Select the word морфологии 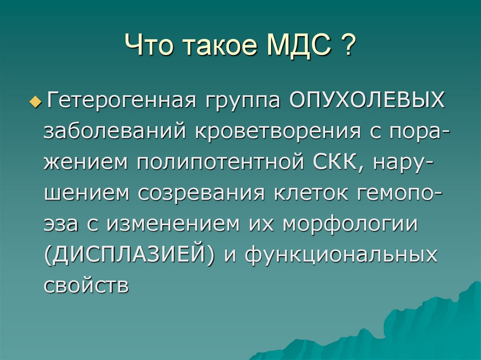(x=350, y=224)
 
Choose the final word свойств (x=86, y=285)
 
